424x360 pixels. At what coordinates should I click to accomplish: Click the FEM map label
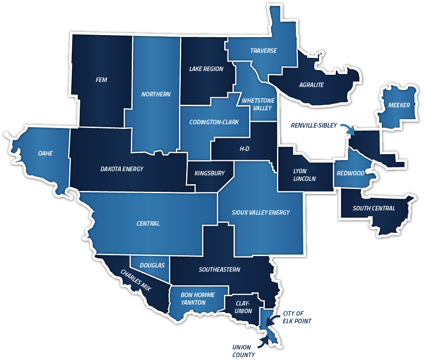pyautogui.click(x=101, y=80)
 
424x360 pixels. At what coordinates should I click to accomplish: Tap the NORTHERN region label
pyautogui.click(x=156, y=94)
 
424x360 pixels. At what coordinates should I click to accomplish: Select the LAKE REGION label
pyautogui.click(x=206, y=69)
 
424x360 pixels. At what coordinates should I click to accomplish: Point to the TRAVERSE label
pyautogui.click(x=263, y=51)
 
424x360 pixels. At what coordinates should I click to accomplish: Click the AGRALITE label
pyautogui.click(x=311, y=85)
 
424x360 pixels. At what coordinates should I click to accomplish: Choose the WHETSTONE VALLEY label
pyautogui.click(x=258, y=104)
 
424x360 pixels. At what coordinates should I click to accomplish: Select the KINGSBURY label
pyautogui.click(x=209, y=173)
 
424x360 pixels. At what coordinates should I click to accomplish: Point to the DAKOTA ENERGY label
pyautogui.click(x=122, y=169)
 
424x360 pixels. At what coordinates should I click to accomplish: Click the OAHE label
pyautogui.click(x=45, y=153)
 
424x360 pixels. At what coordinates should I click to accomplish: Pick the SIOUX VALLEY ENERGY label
pyautogui.click(x=261, y=212)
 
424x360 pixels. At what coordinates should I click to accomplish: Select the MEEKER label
pyautogui.click(x=399, y=105)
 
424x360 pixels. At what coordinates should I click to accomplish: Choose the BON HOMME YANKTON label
pyautogui.click(x=198, y=298)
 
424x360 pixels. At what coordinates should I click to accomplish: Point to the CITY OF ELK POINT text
pyautogui.click(x=297, y=317)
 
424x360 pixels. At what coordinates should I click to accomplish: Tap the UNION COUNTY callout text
pyautogui.click(x=244, y=351)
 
